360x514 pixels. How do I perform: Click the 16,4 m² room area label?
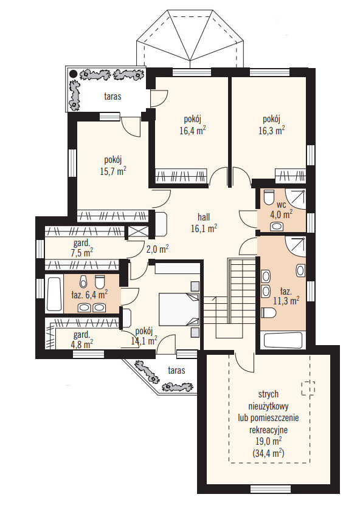[193, 131]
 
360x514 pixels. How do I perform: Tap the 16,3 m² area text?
[271, 131]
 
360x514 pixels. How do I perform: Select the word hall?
[204, 217]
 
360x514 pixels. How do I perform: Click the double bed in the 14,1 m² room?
[179, 309]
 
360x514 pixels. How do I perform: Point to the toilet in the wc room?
[269, 197]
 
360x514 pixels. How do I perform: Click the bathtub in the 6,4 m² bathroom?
[54, 295]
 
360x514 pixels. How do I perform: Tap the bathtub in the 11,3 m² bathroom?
[283, 341]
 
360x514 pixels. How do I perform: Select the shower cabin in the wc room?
[296, 199]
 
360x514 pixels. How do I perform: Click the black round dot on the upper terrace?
[73, 74]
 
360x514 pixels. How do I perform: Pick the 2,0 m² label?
[157, 250]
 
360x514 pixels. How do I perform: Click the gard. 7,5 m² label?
[81, 248]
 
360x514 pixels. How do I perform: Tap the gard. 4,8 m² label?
[81, 340]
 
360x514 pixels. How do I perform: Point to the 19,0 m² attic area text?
[268, 441]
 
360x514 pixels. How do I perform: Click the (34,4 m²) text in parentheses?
[268, 453]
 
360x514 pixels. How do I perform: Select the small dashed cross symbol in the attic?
[308, 388]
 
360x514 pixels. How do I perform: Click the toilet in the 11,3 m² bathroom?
[269, 312]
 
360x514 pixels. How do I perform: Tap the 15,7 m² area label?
[113, 171]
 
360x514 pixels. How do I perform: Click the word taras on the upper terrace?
[112, 97]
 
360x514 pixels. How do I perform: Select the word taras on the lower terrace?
[176, 371]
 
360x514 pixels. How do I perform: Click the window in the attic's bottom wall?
[271, 490]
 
